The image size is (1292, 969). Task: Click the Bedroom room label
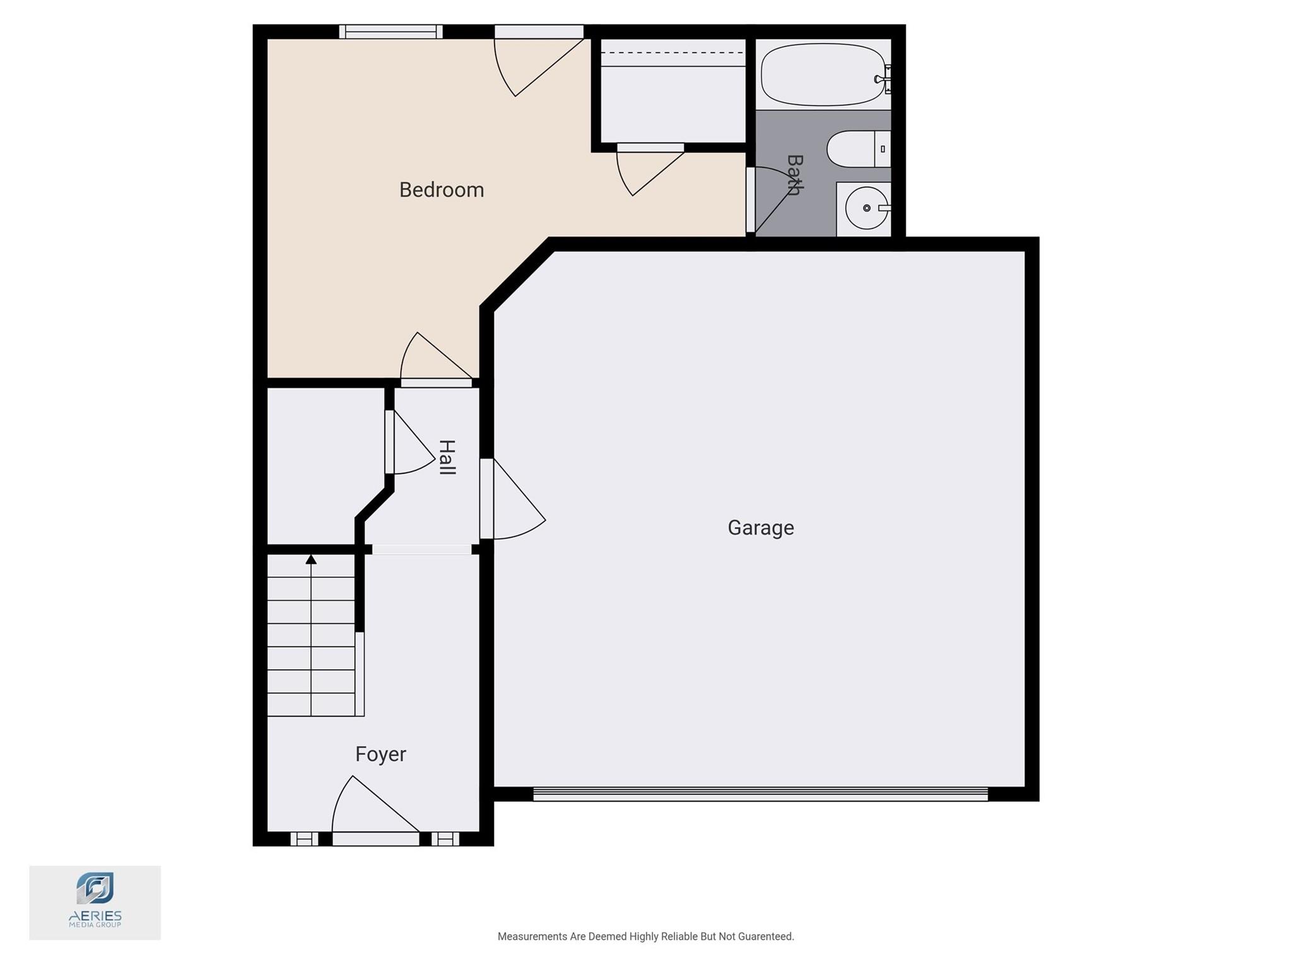click(x=442, y=190)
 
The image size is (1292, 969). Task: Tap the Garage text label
click(x=761, y=528)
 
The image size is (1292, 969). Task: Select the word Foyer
click(x=380, y=754)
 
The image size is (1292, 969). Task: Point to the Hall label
click(x=447, y=458)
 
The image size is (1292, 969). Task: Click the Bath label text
click(x=794, y=175)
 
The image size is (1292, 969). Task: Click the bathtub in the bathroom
click(x=823, y=74)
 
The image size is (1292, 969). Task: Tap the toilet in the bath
click(x=859, y=149)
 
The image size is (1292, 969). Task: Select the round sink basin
click(x=866, y=208)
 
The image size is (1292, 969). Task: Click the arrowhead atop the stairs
click(x=311, y=559)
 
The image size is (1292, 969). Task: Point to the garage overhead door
click(x=760, y=794)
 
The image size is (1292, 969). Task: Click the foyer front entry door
click(x=376, y=810)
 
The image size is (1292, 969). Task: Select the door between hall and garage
click(x=512, y=499)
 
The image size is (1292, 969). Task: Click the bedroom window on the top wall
click(x=391, y=32)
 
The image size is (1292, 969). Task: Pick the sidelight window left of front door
click(x=304, y=839)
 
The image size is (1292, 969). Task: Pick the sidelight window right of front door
click(x=445, y=839)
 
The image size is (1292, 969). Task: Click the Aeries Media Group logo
click(x=95, y=902)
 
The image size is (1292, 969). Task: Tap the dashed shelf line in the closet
click(x=673, y=53)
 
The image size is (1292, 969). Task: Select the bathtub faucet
click(x=883, y=79)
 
